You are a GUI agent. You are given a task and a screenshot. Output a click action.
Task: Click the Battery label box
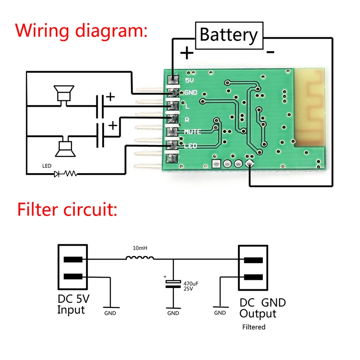coord(229,35)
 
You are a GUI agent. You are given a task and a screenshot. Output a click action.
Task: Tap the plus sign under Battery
coord(187,53)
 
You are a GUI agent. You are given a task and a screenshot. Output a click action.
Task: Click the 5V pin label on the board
coord(190,81)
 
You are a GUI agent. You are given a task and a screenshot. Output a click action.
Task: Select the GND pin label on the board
coord(191,93)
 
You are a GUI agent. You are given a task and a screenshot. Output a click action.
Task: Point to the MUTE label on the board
coord(193,131)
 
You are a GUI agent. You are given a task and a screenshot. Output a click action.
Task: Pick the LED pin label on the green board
coord(191,146)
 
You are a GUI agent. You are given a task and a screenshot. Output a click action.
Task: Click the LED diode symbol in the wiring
coord(57,173)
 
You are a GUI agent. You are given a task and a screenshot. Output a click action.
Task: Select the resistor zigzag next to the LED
coord(71,173)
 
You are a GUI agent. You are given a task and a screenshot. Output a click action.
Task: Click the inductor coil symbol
coord(140,258)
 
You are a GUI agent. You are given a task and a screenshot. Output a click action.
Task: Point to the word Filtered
coord(254,327)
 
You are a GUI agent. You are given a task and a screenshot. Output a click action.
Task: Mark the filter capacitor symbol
coord(173,284)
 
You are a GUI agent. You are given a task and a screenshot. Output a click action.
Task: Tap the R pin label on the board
coord(187,120)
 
